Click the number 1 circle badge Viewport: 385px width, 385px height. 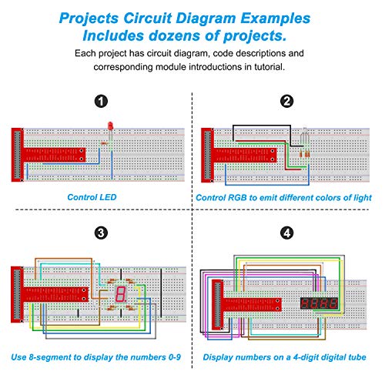click(101, 102)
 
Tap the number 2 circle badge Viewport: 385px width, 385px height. click(286, 101)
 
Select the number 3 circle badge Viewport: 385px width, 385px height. click(101, 233)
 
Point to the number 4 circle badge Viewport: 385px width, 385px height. click(286, 233)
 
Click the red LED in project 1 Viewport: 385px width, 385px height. click(111, 126)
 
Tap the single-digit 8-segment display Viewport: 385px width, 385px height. click(121, 294)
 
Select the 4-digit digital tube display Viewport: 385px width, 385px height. click(319, 303)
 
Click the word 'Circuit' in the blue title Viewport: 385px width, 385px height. click(147, 18)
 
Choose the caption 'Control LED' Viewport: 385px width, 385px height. click(92, 197)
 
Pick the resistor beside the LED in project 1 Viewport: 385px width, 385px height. click(104, 143)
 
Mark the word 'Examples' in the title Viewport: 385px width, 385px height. click(275, 18)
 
